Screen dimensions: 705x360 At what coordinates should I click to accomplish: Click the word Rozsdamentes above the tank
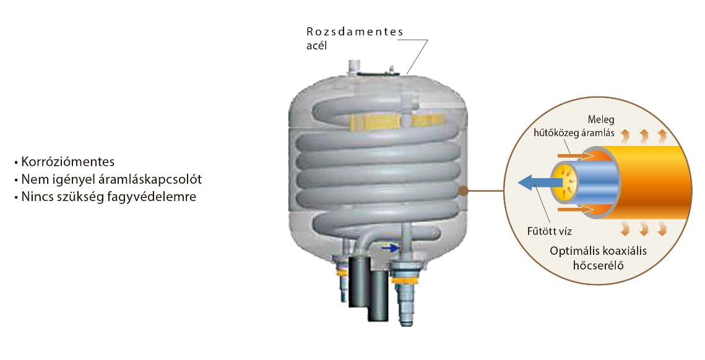(355, 32)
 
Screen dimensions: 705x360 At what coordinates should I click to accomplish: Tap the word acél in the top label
(316, 45)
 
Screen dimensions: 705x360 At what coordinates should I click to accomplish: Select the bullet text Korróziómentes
(68, 162)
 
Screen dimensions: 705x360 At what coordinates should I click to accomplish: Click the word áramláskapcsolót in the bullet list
(150, 179)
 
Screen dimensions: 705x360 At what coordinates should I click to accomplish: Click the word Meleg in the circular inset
(600, 120)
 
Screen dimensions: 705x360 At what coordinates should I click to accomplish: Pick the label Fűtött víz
(550, 231)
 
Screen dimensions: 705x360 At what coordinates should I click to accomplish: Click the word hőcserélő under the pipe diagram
(598, 265)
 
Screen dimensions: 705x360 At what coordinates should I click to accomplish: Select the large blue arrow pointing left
(540, 182)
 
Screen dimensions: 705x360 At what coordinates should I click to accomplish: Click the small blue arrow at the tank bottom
(389, 247)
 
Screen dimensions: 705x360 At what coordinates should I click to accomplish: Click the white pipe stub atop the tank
(353, 67)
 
